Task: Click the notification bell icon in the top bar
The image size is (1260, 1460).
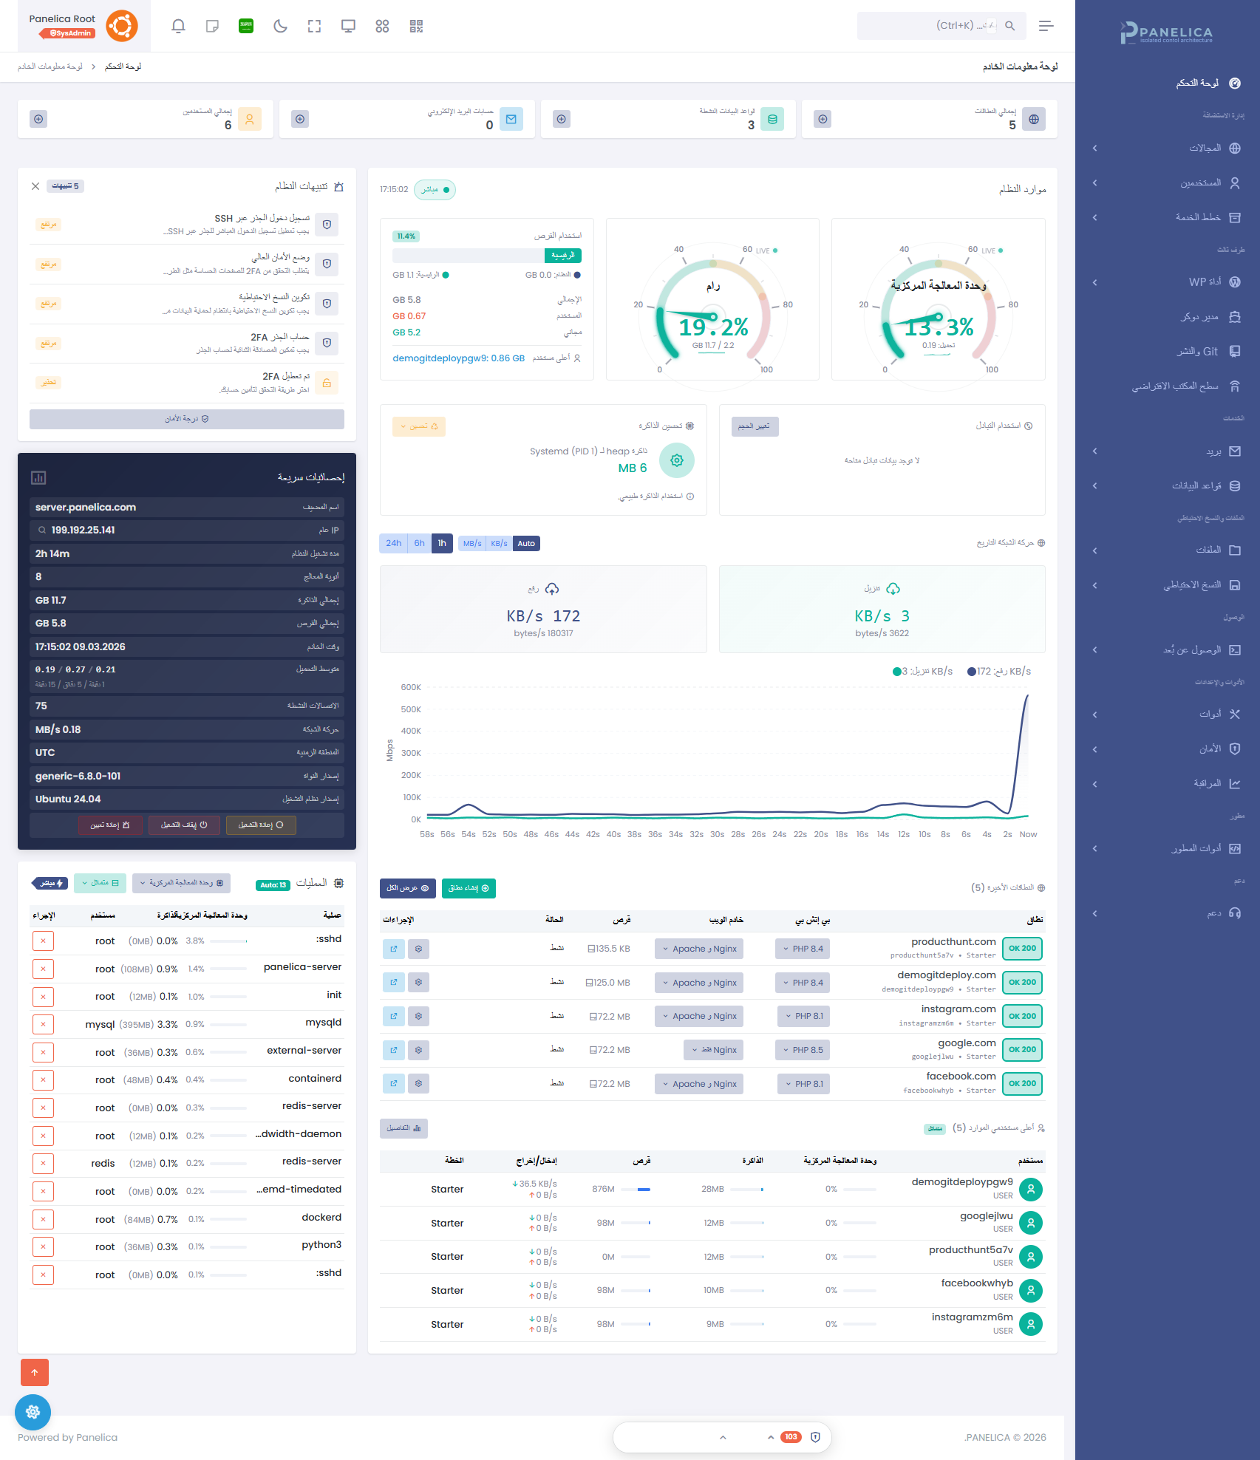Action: (178, 27)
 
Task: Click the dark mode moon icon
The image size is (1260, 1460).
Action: (280, 27)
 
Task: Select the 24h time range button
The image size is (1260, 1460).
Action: (393, 543)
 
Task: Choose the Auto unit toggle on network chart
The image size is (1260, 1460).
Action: (526, 544)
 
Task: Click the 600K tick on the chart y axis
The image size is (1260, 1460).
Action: (411, 687)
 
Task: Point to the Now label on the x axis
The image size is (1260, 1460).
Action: (1028, 834)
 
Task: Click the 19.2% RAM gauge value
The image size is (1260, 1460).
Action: (713, 327)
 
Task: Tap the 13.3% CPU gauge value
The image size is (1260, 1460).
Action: (939, 327)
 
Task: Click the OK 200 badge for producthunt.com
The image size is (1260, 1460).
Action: (1022, 949)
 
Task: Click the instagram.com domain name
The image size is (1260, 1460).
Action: (958, 1009)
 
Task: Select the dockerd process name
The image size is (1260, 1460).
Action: (321, 1217)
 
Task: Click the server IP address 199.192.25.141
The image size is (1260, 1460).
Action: (83, 530)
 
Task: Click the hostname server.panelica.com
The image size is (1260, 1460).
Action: (86, 507)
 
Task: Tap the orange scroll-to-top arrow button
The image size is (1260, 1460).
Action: (35, 1372)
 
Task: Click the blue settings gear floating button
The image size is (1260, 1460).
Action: (33, 1412)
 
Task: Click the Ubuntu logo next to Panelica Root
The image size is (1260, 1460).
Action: (122, 27)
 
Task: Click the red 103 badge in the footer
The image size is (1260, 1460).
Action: (791, 1437)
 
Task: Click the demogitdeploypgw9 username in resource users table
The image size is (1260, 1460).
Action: (961, 1181)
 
